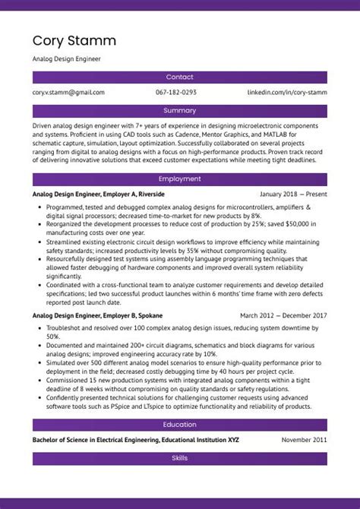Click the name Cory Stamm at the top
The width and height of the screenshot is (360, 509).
point(74,40)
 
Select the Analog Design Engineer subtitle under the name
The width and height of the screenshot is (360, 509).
point(66,58)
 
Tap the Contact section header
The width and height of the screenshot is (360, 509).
point(180,77)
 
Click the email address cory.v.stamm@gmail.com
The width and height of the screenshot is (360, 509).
point(68,92)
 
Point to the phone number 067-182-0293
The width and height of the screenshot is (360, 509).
point(176,92)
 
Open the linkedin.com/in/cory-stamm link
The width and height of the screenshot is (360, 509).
point(287,92)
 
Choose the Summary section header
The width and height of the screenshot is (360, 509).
point(180,111)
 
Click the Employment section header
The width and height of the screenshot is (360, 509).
point(180,179)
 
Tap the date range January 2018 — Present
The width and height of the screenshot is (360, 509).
point(288,194)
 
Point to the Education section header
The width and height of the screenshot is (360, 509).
point(180,425)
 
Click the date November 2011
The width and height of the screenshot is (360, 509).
point(304,440)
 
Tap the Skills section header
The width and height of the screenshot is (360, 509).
point(180,459)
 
